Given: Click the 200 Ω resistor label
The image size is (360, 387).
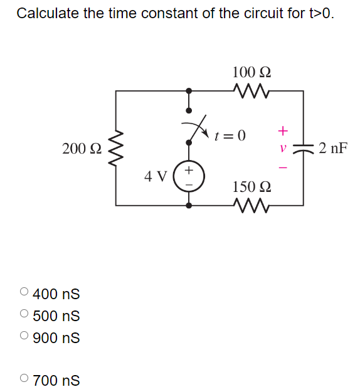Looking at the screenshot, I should coord(82,149).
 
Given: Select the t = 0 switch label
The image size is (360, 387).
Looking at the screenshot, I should coord(230,135).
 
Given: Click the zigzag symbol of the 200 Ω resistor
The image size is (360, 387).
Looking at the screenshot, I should coord(115,148).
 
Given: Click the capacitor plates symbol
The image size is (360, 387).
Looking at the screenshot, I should coord(304,149).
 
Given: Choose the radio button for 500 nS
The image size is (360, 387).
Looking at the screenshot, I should coord(24,314).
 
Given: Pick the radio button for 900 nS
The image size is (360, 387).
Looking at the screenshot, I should coord(24,337).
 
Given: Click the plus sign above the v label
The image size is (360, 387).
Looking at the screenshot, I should coord(283,131).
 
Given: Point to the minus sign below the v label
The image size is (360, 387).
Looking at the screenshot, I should coord(283,167).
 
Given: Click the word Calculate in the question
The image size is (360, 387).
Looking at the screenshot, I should coord(48,13).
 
